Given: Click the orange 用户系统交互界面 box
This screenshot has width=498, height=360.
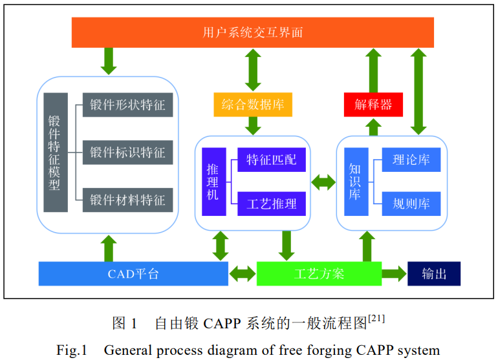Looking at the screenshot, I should pyautogui.click(x=252, y=32).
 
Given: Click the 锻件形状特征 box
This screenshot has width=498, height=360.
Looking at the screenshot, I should pyautogui.click(x=127, y=105).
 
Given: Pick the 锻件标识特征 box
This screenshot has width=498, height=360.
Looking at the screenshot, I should pyautogui.click(x=127, y=153).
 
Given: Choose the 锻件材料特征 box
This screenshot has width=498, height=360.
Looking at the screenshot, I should pyautogui.click(x=127, y=199).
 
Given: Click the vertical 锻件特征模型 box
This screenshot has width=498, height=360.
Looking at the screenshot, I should pyautogui.click(x=56, y=153).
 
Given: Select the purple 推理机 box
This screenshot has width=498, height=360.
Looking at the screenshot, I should pyautogui.click(x=213, y=181).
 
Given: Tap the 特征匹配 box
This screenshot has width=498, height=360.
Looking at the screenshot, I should pyautogui.click(x=271, y=159).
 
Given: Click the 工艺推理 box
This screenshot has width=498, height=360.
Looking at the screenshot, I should pyautogui.click(x=271, y=204).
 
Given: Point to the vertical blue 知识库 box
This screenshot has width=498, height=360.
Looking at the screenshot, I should pyautogui.click(x=355, y=181).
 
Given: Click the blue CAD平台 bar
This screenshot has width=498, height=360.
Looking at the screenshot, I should pyautogui.click(x=133, y=273).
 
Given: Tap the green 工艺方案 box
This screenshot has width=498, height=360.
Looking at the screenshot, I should pyautogui.click(x=319, y=273).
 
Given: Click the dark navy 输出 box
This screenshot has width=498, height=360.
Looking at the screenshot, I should pyautogui.click(x=434, y=273).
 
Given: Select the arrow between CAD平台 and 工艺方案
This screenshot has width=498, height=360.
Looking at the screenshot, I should pyautogui.click(x=243, y=273).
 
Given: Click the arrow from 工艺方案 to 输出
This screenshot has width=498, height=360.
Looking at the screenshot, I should pyautogui.click(x=394, y=273).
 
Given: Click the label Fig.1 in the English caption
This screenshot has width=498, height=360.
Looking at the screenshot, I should pyautogui.click(x=71, y=350).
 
